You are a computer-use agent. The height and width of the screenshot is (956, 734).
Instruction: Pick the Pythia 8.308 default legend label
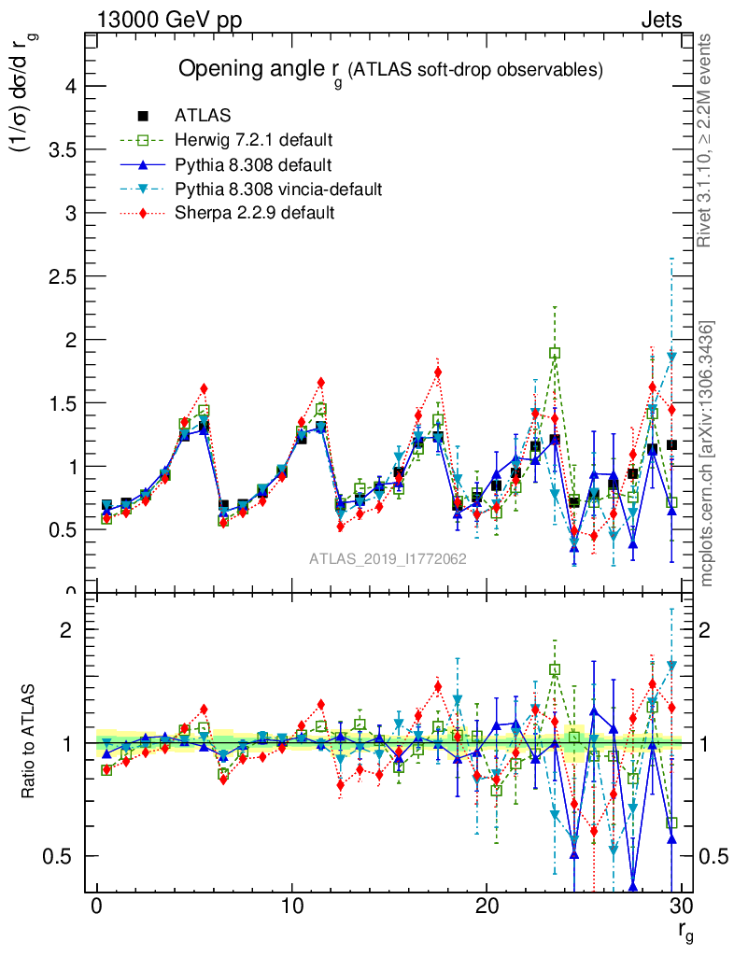[x=253, y=165]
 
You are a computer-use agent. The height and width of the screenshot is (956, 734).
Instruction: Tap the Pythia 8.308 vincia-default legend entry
[x=277, y=190]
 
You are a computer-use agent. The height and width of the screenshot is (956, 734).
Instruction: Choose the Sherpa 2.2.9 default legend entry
[x=254, y=213]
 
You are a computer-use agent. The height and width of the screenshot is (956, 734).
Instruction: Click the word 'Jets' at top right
[x=661, y=20]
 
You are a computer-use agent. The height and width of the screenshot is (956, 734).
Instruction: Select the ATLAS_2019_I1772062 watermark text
[x=388, y=558]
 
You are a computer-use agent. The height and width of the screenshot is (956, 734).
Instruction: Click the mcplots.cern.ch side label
[x=708, y=454]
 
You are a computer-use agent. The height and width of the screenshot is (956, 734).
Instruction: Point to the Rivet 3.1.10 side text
[x=706, y=140]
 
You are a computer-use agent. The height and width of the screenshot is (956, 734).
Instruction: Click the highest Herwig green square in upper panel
[x=555, y=353]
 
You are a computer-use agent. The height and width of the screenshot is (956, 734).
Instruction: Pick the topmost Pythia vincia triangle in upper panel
[x=671, y=357]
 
